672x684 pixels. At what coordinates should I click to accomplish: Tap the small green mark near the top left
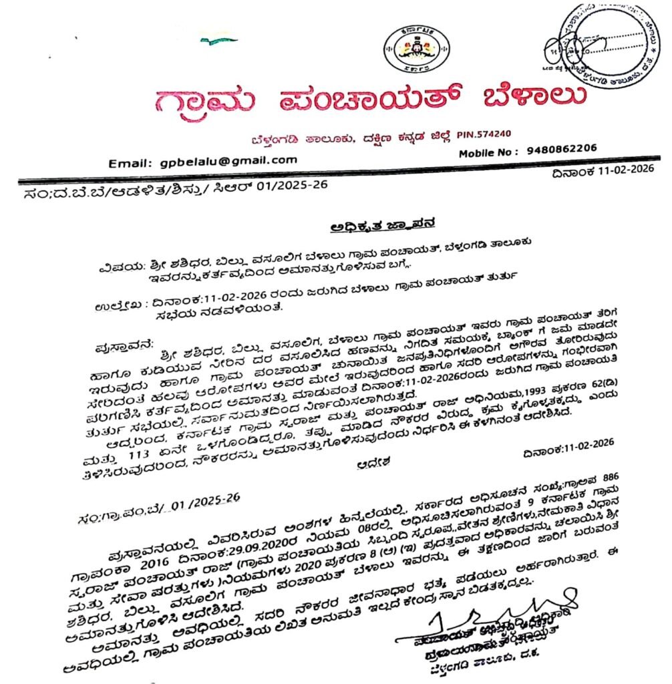tap(218, 41)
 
